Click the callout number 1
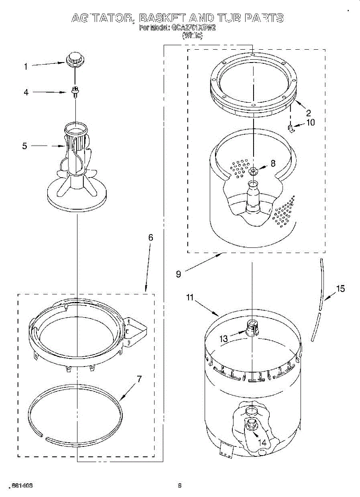(x=26, y=66)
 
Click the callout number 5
(x=24, y=146)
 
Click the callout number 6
(x=151, y=237)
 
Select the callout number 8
(x=273, y=163)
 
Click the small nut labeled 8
(x=253, y=171)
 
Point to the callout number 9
(x=178, y=274)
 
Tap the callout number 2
(x=308, y=112)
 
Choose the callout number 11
(x=190, y=297)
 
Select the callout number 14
(x=262, y=442)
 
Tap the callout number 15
(x=340, y=289)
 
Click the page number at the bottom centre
(x=180, y=485)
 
